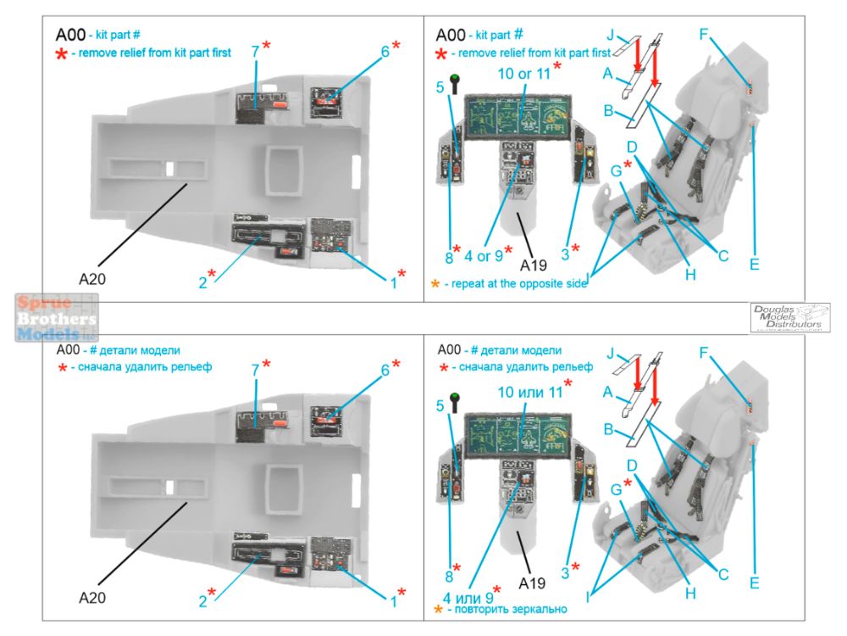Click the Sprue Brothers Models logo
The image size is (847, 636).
[56, 317]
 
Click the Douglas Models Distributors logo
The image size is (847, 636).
[789, 317]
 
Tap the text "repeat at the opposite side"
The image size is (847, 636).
[515, 282]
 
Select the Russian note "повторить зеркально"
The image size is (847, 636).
[507, 609]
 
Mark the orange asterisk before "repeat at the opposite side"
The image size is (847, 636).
[436, 282]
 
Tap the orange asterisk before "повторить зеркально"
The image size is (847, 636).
[438, 609]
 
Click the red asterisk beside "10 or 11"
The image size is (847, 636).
[557, 66]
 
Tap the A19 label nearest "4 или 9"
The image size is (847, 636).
[532, 584]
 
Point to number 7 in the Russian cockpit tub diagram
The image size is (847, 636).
[255, 371]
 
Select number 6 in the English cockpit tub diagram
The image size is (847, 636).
[385, 51]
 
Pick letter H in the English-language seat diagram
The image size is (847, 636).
[691, 275]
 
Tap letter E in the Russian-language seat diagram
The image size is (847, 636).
[754, 583]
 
